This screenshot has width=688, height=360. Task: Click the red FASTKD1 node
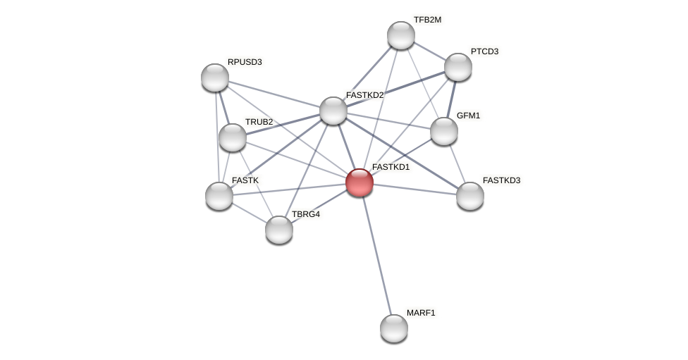(x=359, y=182)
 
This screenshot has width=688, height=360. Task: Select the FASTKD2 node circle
(x=333, y=111)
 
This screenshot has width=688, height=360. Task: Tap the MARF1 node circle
(x=394, y=328)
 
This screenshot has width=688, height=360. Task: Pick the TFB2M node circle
(x=401, y=35)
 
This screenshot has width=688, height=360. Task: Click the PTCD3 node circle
(x=458, y=67)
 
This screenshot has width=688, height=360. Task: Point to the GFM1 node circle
(x=444, y=131)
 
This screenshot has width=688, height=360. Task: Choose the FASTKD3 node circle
(x=470, y=196)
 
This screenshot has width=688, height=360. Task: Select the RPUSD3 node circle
(x=215, y=77)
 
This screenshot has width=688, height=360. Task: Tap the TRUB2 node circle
(x=233, y=137)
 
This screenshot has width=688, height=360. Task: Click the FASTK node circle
(x=219, y=196)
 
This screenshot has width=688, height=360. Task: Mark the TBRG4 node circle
(x=279, y=230)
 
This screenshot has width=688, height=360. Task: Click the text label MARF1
(x=421, y=313)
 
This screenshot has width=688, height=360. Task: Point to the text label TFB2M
(x=427, y=20)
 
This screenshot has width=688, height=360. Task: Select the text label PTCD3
(x=484, y=51)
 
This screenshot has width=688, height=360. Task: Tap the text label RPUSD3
(x=245, y=62)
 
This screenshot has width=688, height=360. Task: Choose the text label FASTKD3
(x=501, y=180)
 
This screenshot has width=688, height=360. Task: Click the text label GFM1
(x=468, y=116)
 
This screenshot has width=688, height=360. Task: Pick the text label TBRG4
(x=306, y=214)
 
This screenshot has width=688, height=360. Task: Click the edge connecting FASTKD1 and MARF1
(x=376, y=255)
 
